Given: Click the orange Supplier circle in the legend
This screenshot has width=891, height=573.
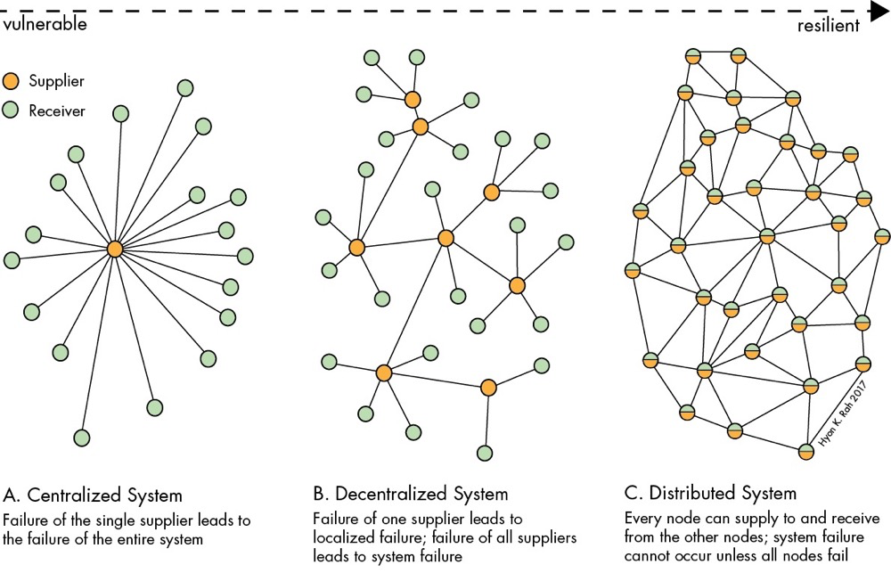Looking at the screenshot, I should tap(11, 81).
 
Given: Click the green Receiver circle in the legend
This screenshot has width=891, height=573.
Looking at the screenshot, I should tap(11, 111).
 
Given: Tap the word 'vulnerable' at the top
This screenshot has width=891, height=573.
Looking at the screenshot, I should tap(44, 25).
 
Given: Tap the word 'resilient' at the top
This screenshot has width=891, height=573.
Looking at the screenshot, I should tap(829, 25).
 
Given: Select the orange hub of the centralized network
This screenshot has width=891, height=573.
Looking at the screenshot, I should tap(114, 250).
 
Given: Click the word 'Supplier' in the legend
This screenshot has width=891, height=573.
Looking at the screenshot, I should tap(57, 81).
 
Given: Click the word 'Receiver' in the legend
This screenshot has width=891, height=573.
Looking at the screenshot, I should tap(57, 111).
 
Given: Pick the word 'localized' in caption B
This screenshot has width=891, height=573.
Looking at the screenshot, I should tap(344, 539).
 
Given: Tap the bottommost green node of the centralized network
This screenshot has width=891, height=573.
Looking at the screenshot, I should tap(82, 438).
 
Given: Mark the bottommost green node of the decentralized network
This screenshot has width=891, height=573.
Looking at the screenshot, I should tap(485, 453).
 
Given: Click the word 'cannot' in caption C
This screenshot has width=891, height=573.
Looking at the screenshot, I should tap(648, 558).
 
